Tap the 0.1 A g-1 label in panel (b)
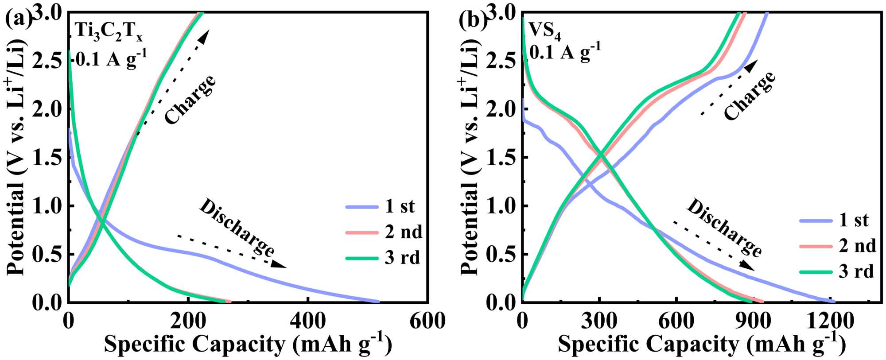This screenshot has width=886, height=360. click(x=565, y=53)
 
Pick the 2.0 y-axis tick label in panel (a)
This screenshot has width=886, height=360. click(x=48, y=109)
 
